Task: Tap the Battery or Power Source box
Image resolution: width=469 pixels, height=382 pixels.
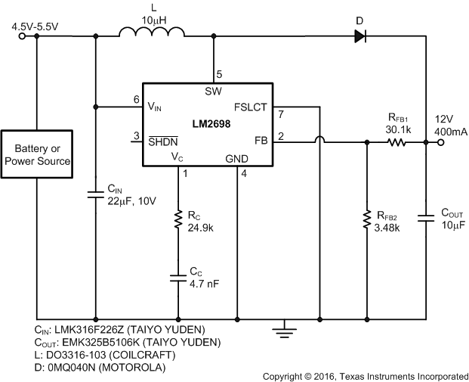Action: [x=37, y=155]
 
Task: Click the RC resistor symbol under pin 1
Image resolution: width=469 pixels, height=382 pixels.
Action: [x=179, y=219]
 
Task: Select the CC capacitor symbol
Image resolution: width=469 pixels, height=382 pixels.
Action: [x=179, y=278]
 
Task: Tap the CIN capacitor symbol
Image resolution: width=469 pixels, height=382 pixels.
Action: [x=95, y=194]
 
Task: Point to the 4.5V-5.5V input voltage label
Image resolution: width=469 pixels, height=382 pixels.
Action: [x=35, y=26]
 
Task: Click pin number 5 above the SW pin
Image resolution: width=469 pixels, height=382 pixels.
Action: [x=219, y=74]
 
